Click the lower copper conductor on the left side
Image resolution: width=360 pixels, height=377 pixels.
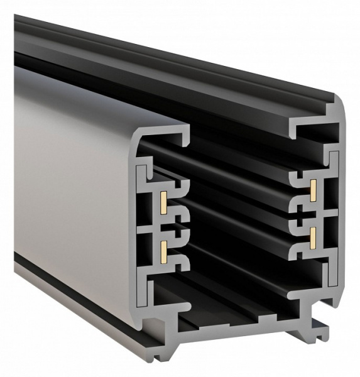click(163, 251)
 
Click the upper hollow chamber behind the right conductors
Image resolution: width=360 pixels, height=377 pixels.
click(330, 188)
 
